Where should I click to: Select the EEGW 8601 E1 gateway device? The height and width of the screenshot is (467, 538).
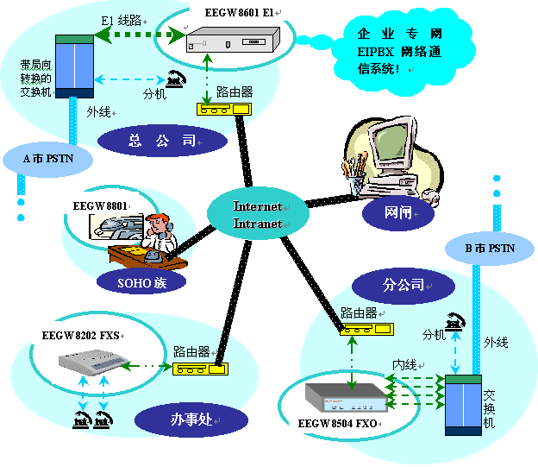[x=233, y=41]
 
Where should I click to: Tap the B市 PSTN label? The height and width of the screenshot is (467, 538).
[x=489, y=249]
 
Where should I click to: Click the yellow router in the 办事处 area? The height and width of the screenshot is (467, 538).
[x=199, y=369]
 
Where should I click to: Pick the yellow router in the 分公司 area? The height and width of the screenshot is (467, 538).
[x=366, y=329]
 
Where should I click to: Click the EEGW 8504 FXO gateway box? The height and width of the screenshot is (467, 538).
[x=342, y=395]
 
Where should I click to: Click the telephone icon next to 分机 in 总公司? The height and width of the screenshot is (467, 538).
[x=178, y=78]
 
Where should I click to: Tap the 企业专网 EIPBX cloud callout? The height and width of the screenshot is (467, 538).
[x=400, y=50]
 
